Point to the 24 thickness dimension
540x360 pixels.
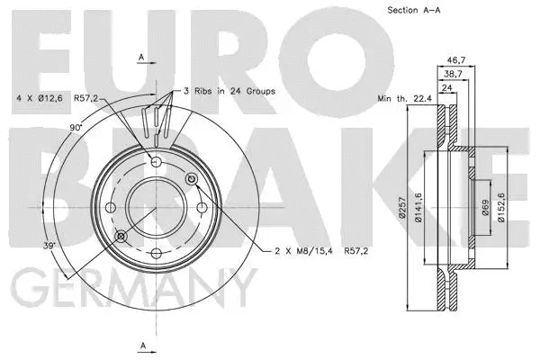(446, 87)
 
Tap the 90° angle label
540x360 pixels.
(77, 127)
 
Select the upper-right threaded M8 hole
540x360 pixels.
(190, 180)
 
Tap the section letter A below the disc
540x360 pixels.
(142, 346)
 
